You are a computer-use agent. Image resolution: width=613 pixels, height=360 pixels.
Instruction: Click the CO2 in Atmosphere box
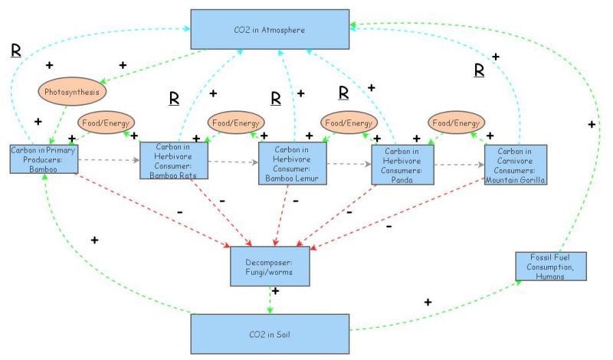270,31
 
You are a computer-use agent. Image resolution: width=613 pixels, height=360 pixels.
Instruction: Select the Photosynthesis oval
72,91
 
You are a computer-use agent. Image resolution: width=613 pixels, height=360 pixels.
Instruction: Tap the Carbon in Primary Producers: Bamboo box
44,159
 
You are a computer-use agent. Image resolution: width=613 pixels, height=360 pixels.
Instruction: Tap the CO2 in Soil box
270,334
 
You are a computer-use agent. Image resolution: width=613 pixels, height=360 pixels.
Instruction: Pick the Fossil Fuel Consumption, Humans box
551,266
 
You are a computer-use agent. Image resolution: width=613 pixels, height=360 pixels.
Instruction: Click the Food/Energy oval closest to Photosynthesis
107,122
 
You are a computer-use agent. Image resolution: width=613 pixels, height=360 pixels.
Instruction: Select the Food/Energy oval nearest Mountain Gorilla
456,122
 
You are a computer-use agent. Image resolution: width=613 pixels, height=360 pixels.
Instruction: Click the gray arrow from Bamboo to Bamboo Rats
109,160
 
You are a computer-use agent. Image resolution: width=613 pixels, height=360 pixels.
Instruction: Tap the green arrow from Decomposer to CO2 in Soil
269,300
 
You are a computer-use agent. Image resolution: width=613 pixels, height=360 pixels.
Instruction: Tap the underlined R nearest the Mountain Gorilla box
480,70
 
